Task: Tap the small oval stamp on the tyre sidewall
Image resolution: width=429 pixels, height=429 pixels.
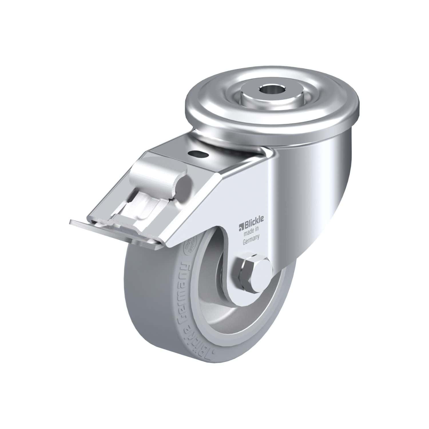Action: tap(192, 249)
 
